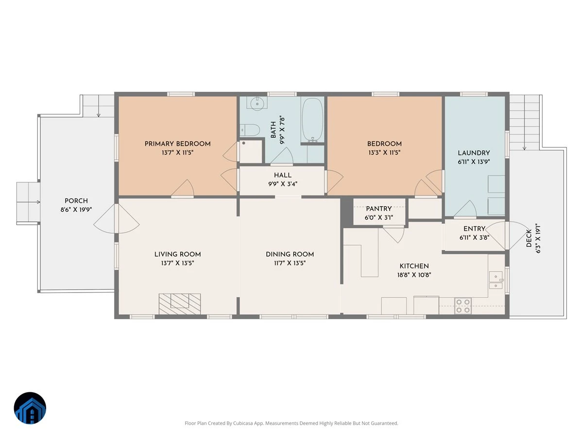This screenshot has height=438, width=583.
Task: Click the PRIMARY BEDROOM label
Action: coord(177,144)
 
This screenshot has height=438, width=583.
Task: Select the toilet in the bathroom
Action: coord(250,130)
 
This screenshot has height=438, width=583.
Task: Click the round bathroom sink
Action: coord(257,104)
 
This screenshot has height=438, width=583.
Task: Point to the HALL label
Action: coord(283,175)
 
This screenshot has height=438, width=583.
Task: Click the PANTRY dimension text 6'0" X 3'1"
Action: coord(379,218)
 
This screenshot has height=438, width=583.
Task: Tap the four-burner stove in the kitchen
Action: coord(463,306)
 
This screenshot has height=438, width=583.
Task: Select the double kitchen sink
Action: coord(496,280)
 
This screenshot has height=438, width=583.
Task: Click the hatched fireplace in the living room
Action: coord(180,304)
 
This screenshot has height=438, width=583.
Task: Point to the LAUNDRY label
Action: coord(474,153)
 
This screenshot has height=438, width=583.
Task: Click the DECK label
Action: coord(529,238)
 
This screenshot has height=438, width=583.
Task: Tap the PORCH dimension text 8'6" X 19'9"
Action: coord(76,210)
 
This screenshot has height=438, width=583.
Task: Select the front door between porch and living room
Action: coord(116,219)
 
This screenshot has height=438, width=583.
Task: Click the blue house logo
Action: coord(30,408)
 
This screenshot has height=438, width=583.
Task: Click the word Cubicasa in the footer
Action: coord(243,423)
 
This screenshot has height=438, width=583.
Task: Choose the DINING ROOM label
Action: coord(290,254)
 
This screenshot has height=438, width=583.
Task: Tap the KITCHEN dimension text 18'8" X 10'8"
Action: coord(414,275)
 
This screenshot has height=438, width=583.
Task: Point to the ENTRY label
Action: coord(474,229)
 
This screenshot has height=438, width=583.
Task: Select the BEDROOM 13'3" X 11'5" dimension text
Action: coord(384,153)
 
